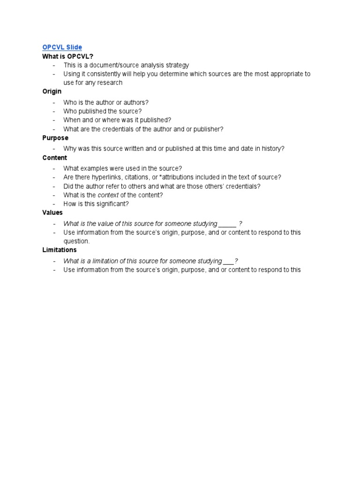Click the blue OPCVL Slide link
62,47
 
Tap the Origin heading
52,91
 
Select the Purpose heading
55,138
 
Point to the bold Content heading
54,158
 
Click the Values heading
52,212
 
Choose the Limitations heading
60,250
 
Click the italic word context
107,195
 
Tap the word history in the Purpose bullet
272,149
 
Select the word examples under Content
96,168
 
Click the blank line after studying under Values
227,224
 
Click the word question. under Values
76,241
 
